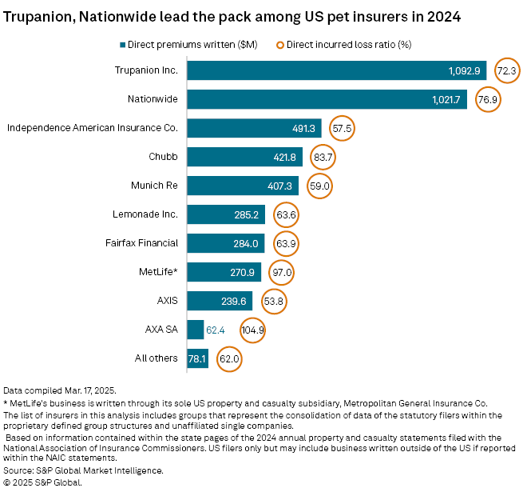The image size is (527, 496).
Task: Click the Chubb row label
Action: pos(163,157)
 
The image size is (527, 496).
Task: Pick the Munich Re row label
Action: pos(155,186)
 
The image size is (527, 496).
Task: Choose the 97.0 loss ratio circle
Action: pos(282,272)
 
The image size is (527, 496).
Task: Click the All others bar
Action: pos(196,358)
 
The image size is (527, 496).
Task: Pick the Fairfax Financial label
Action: pos(141,243)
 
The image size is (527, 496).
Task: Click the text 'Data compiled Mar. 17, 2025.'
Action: pos(58,390)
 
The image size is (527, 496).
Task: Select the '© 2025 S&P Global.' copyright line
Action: pos(43,482)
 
